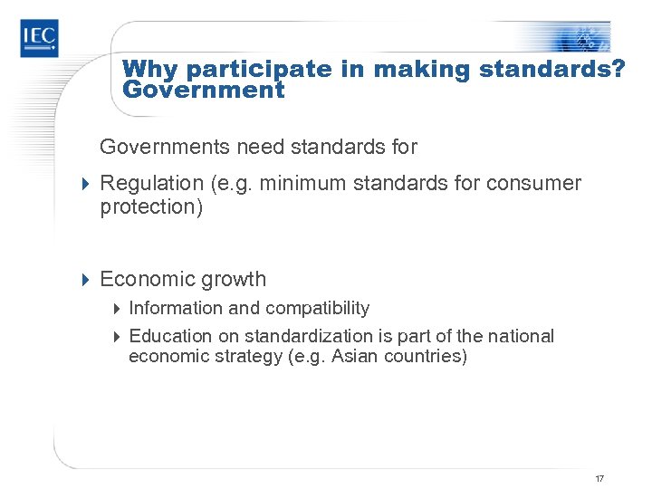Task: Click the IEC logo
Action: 39,39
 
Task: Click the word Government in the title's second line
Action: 203,91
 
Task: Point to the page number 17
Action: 599,478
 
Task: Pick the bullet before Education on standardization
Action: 118,337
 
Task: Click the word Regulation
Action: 151,184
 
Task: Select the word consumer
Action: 533,184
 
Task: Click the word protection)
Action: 149,207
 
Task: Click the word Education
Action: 168,336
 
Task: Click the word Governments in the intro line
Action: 155,147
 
